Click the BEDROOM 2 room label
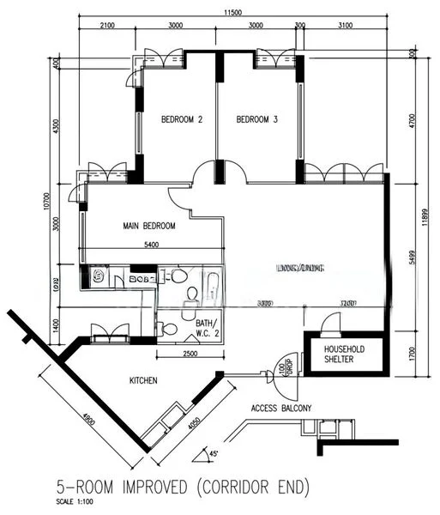[x=182, y=120]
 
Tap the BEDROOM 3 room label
[x=256, y=120]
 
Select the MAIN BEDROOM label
[x=149, y=226]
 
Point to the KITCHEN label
[x=143, y=379]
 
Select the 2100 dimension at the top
[x=107, y=26]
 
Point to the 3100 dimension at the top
[x=344, y=26]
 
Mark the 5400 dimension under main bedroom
[x=151, y=245]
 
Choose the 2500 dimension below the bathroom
[x=190, y=354]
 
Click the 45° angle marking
[x=214, y=453]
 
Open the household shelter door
[x=328, y=323]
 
